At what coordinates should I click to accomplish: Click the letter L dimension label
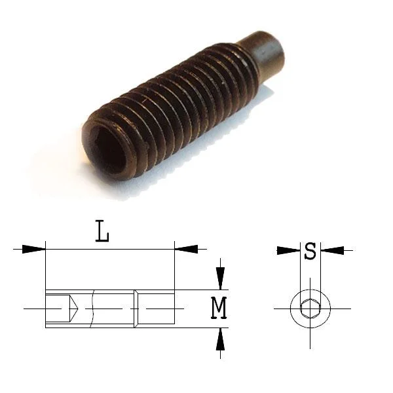pos(102,231)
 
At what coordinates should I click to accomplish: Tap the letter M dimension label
pos(219,308)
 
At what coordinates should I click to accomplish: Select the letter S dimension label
pos(310,251)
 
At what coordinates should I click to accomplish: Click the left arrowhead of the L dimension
pos(33,249)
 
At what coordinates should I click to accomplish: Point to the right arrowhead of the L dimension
pos(186,249)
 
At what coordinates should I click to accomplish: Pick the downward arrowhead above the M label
pos(220,278)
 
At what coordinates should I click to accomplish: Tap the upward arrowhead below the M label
pos(220,339)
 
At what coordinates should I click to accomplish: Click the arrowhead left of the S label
pos(288,250)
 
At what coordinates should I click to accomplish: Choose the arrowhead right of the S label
pos(332,250)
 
